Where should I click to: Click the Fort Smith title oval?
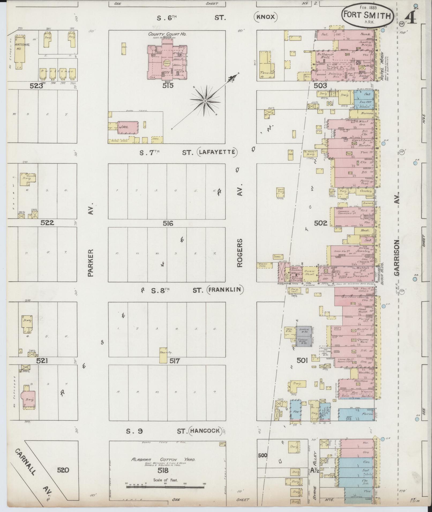tap(367, 15)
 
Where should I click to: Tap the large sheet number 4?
tap(411, 18)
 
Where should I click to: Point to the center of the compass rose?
tap(205, 101)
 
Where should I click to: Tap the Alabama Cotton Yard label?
tap(163, 459)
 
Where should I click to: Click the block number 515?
tap(168, 85)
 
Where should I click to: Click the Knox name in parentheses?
tap(266, 17)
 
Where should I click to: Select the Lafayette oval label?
tap(217, 152)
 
